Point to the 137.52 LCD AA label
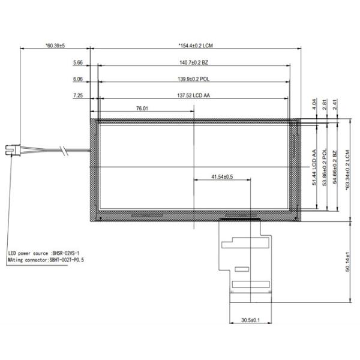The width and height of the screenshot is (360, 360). [193, 95]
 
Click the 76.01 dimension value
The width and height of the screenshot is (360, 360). [142, 109]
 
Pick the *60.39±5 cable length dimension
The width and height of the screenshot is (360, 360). [55, 46]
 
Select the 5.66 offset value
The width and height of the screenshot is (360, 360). [77, 62]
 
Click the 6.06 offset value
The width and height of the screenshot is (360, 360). [77, 79]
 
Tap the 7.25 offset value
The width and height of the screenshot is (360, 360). [77, 95]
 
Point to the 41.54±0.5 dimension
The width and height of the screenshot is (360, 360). [222, 177]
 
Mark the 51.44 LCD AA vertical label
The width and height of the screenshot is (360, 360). [314, 168]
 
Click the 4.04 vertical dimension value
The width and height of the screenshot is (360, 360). [314, 106]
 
